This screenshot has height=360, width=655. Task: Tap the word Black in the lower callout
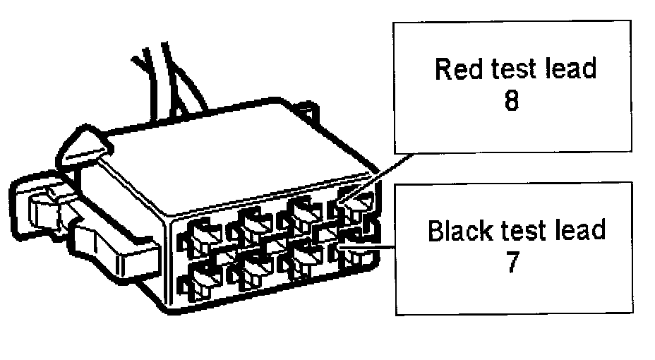coord(457,232)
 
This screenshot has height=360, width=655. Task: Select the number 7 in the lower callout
coord(514,263)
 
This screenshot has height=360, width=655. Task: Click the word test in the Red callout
coord(510,70)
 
